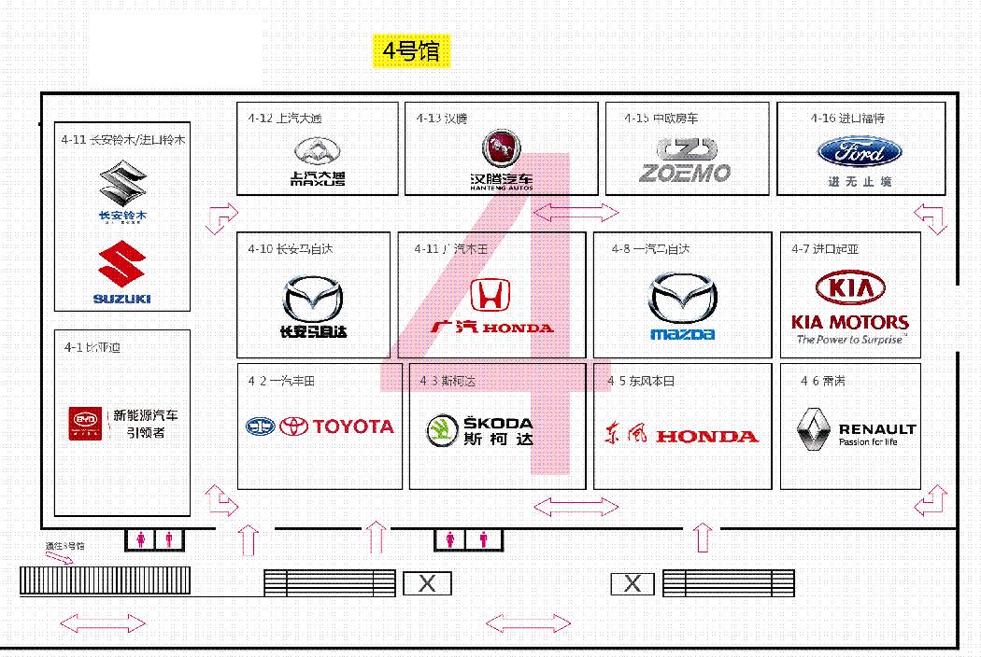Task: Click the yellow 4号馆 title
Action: [x=412, y=50]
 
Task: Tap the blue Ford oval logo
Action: [x=860, y=152]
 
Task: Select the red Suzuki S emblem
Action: [x=122, y=265]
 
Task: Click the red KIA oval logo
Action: [x=850, y=288]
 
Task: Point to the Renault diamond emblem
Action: [x=812, y=429]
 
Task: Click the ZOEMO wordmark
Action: [x=685, y=174]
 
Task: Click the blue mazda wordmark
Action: [x=683, y=334]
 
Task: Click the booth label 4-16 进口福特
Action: [x=847, y=119]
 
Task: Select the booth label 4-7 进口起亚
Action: [x=825, y=249]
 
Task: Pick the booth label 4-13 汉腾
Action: [x=442, y=119]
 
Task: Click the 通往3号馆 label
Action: [x=64, y=546]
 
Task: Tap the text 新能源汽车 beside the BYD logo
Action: [x=146, y=415]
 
